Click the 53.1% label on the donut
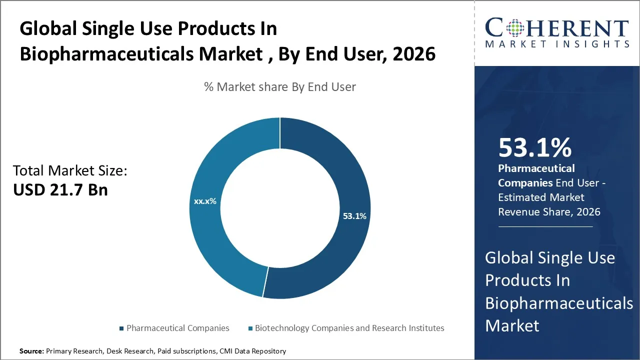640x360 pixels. coord(354,216)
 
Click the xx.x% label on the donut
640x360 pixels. coord(205,201)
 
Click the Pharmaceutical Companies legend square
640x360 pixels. coord(121,328)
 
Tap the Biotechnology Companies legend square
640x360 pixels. coord(250,328)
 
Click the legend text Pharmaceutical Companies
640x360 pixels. coord(177,328)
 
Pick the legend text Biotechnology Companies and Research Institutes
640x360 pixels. coord(349,328)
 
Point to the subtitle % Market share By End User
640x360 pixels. coord(280,87)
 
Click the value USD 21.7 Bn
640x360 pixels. coord(60,190)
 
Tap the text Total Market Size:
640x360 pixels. coord(70,171)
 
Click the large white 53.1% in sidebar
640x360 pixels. coord(534,148)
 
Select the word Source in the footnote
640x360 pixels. coord(31,351)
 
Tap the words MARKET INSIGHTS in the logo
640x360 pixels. coord(557,44)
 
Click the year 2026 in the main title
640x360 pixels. coord(414,54)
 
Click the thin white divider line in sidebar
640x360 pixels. coord(545,226)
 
